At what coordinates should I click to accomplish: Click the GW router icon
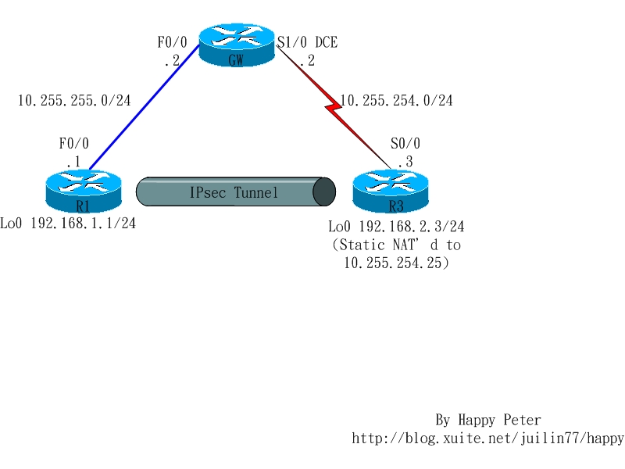(x=237, y=45)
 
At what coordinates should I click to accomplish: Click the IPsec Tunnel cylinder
(x=234, y=192)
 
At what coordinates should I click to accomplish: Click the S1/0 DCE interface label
(x=308, y=42)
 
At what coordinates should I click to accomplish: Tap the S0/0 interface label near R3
(x=405, y=144)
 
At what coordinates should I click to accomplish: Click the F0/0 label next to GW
(x=172, y=42)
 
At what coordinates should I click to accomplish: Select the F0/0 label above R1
(x=74, y=144)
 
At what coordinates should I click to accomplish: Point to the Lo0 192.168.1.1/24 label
(x=68, y=224)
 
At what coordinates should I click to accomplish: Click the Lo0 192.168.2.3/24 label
(x=396, y=227)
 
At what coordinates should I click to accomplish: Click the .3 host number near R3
(x=404, y=162)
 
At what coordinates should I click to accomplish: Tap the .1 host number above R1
(x=73, y=162)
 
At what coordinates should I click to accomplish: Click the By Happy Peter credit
(x=488, y=421)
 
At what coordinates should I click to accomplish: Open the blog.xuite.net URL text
(x=488, y=439)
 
